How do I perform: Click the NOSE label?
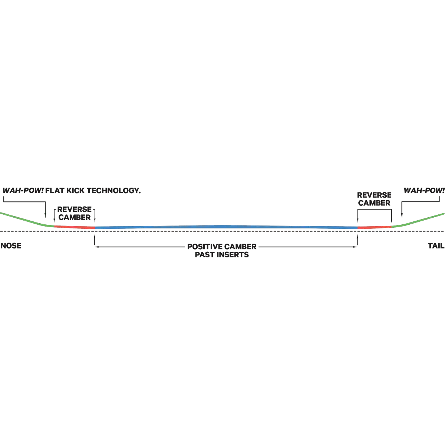pyautogui.click(x=11, y=246)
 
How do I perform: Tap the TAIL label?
pyautogui.click(x=436, y=246)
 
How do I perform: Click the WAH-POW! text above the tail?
pyautogui.click(x=424, y=191)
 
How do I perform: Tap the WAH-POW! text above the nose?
pyautogui.click(x=23, y=191)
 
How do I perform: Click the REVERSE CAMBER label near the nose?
pyautogui.click(x=75, y=213)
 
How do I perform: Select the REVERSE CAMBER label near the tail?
pyautogui.click(x=374, y=199)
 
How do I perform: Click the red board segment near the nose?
pyautogui.click(x=75, y=227)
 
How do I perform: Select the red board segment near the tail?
pyautogui.click(x=374, y=227)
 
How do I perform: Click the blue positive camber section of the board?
pyautogui.click(x=226, y=227)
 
